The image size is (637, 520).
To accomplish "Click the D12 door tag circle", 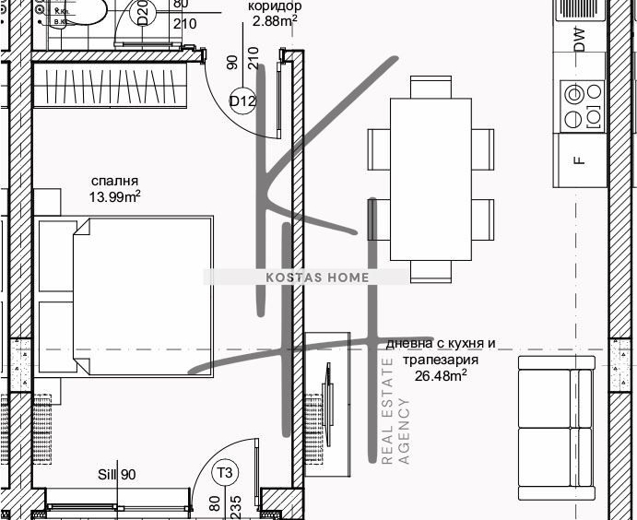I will click(242, 101).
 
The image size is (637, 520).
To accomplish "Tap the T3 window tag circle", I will click(225, 474).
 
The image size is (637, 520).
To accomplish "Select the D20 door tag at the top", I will click(143, 16).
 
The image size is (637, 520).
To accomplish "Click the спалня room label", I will click(114, 181).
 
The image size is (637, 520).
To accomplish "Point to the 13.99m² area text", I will click(114, 196).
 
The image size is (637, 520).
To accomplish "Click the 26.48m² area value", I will click(441, 375).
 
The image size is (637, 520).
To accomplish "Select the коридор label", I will click(275, 6).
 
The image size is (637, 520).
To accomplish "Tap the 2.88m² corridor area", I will click(275, 20).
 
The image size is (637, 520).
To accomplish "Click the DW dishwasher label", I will click(578, 39).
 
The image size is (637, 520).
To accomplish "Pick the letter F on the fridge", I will click(578, 160).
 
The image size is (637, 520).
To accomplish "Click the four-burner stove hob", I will click(581, 105).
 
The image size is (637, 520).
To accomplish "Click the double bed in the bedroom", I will click(129, 295).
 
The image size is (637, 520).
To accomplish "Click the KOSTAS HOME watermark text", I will click(304, 277).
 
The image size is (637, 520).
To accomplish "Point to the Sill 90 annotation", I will click(117, 475).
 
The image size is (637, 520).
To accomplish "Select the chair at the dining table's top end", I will click(431, 87).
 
